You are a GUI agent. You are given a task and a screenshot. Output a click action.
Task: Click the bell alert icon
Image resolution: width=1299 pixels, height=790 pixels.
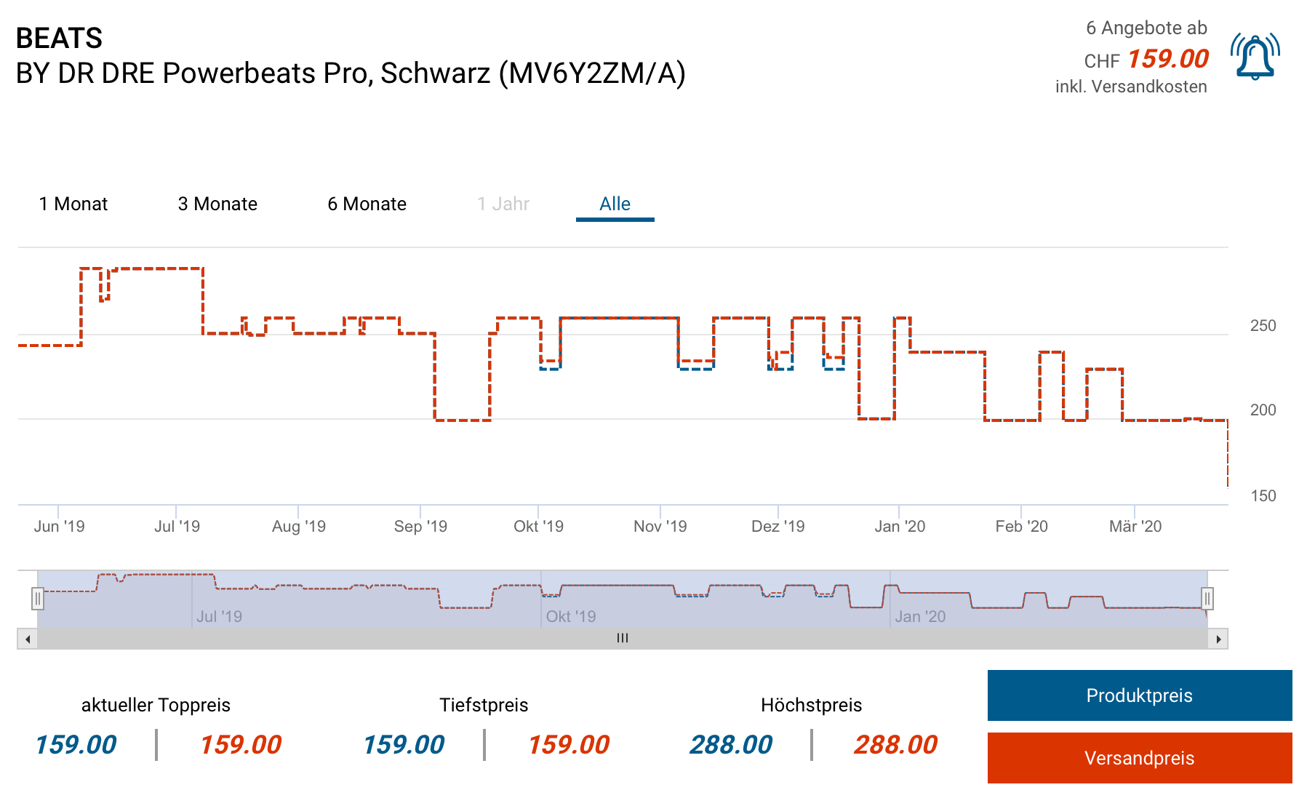pyautogui.click(x=1255, y=57)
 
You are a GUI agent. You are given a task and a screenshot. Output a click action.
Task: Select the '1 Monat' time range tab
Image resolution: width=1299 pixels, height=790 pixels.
pyautogui.click(x=73, y=204)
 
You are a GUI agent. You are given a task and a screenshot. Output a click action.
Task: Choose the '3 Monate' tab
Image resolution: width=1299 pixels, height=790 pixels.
pyautogui.click(x=217, y=204)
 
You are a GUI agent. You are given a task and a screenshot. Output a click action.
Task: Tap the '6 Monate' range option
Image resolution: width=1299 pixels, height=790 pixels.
pyautogui.click(x=367, y=204)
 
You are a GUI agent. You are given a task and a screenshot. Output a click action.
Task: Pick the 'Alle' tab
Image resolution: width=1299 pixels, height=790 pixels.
pyautogui.click(x=615, y=204)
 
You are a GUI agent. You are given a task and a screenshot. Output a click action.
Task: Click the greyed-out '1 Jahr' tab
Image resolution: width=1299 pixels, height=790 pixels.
pyautogui.click(x=503, y=204)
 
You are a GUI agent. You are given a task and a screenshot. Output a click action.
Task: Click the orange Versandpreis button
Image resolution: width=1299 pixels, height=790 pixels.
pyautogui.click(x=1139, y=758)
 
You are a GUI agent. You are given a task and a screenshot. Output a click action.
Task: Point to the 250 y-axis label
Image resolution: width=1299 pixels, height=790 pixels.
pyautogui.click(x=1263, y=326)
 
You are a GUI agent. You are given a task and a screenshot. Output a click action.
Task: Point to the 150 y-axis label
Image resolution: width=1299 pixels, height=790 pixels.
pyautogui.click(x=1263, y=496)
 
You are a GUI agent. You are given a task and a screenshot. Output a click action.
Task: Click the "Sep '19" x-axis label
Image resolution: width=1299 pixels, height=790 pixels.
pyautogui.click(x=420, y=527)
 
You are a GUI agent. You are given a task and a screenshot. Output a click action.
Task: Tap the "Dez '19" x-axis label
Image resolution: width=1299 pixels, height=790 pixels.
pyautogui.click(x=778, y=527)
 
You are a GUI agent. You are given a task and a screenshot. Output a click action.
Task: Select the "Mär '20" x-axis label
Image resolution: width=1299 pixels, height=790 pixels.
pyautogui.click(x=1135, y=527)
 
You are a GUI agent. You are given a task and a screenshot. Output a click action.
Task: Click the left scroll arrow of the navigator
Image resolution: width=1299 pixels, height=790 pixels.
pyautogui.click(x=28, y=639)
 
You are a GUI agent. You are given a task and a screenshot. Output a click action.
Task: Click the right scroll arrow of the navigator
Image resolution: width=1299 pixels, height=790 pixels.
pyautogui.click(x=1218, y=639)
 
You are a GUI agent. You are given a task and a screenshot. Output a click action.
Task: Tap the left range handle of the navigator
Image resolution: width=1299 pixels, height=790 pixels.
pyautogui.click(x=38, y=599)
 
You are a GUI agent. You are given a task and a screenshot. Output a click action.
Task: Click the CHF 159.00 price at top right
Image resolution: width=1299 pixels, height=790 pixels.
pyautogui.click(x=1167, y=59)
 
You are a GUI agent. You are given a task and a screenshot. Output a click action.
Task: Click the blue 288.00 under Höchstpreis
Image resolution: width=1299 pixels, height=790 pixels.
pyautogui.click(x=731, y=745)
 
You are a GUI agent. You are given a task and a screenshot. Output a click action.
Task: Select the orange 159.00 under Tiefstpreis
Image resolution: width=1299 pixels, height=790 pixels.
pyautogui.click(x=568, y=745)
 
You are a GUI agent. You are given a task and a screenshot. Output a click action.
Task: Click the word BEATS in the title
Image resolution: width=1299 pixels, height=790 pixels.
pyautogui.click(x=59, y=38)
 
